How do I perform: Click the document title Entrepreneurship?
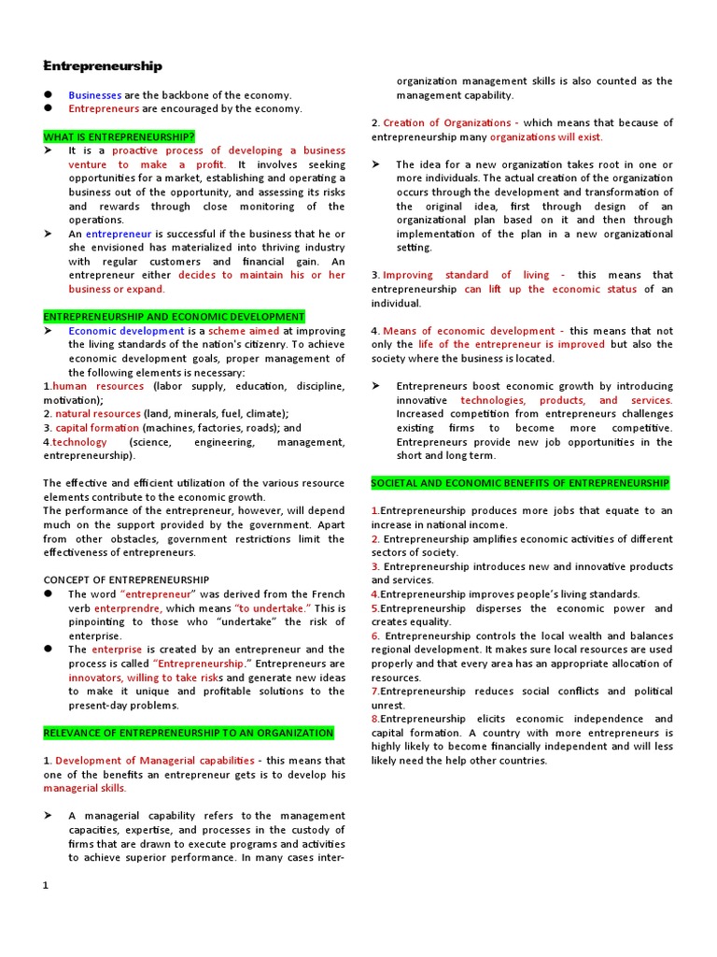click(x=104, y=66)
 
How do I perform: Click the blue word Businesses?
click(x=94, y=95)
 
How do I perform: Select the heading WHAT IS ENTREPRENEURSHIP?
click(x=119, y=136)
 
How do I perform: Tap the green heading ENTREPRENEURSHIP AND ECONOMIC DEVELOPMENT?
click(x=174, y=317)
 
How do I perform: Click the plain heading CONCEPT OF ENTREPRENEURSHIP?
click(x=126, y=579)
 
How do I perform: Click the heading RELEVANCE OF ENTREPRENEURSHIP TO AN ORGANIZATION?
click(x=189, y=733)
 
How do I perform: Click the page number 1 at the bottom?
click(x=45, y=886)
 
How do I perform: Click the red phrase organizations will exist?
click(x=546, y=136)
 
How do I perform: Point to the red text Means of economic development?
click(x=469, y=331)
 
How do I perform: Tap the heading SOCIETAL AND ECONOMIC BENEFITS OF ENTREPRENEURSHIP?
click(x=520, y=483)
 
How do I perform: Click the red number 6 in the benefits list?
click(x=374, y=636)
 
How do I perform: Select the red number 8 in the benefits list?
click(x=374, y=719)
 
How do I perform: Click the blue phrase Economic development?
click(x=126, y=331)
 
